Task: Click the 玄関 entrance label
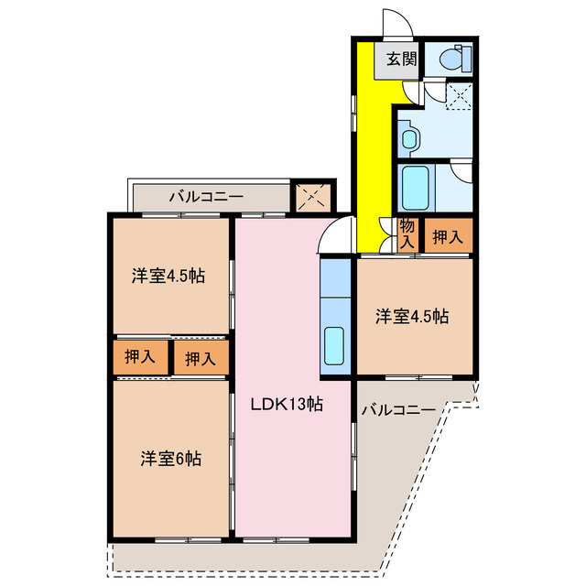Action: [x=401, y=60]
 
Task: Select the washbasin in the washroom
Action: [x=409, y=139]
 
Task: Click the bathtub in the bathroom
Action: [x=418, y=190]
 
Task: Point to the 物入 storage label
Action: [x=407, y=234]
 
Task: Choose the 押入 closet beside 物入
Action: [x=448, y=236]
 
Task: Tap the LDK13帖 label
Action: [x=288, y=404]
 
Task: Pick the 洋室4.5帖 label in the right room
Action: [x=412, y=317]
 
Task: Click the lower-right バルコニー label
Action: [x=398, y=409]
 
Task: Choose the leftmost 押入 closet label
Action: [x=139, y=357]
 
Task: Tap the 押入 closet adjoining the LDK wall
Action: [x=201, y=359]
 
